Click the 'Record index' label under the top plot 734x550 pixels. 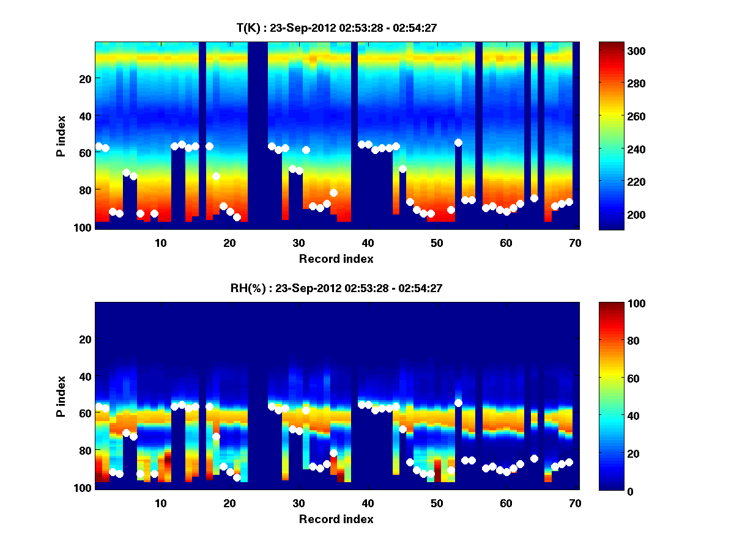pos(336,258)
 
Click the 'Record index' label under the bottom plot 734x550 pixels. pos(336,519)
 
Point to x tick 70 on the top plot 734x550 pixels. pos(575,243)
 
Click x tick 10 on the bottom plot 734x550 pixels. pos(160,503)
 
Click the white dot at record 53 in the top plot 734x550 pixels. pos(458,142)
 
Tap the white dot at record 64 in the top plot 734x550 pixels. pos(534,198)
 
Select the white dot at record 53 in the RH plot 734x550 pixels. pos(458,403)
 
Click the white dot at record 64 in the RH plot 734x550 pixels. pos(534,458)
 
